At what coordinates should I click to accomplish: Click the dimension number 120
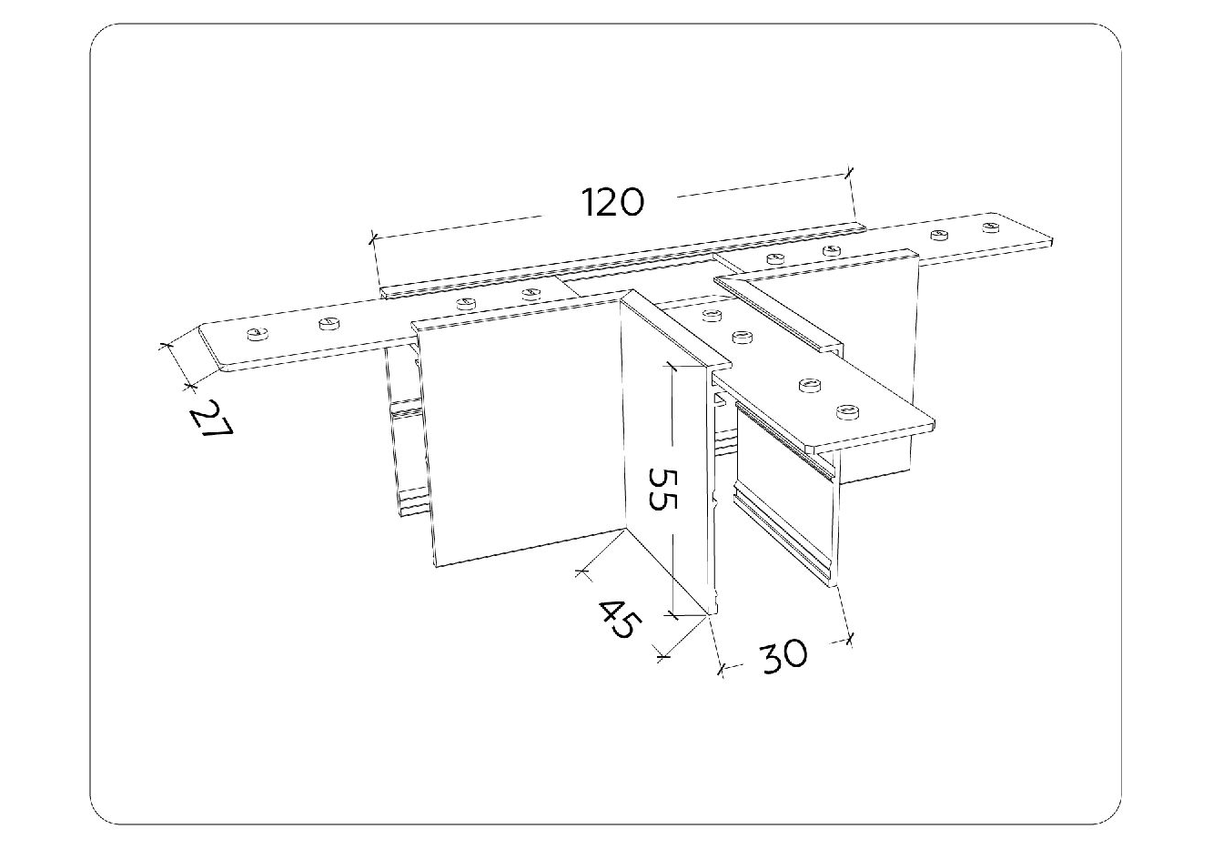click(x=612, y=201)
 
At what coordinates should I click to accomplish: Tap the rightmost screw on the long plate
click(x=991, y=225)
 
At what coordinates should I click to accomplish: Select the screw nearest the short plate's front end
click(x=846, y=412)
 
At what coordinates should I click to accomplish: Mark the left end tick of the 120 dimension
click(x=372, y=239)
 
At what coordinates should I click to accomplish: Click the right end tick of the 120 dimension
click(x=849, y=170)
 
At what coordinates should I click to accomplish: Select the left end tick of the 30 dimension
click(x=723, y=670)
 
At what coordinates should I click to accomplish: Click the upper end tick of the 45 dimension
click(x=581, y=572)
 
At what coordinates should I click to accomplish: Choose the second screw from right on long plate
click(x=938, y=235)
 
